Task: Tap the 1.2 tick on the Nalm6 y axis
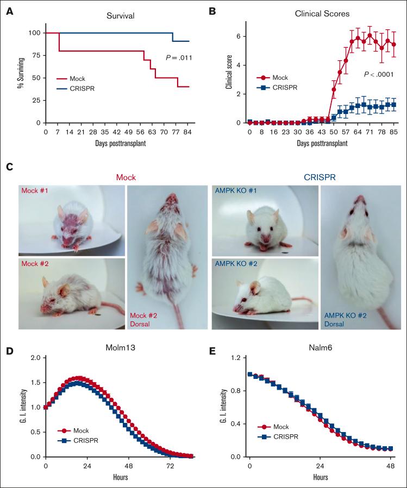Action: point(236,358)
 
